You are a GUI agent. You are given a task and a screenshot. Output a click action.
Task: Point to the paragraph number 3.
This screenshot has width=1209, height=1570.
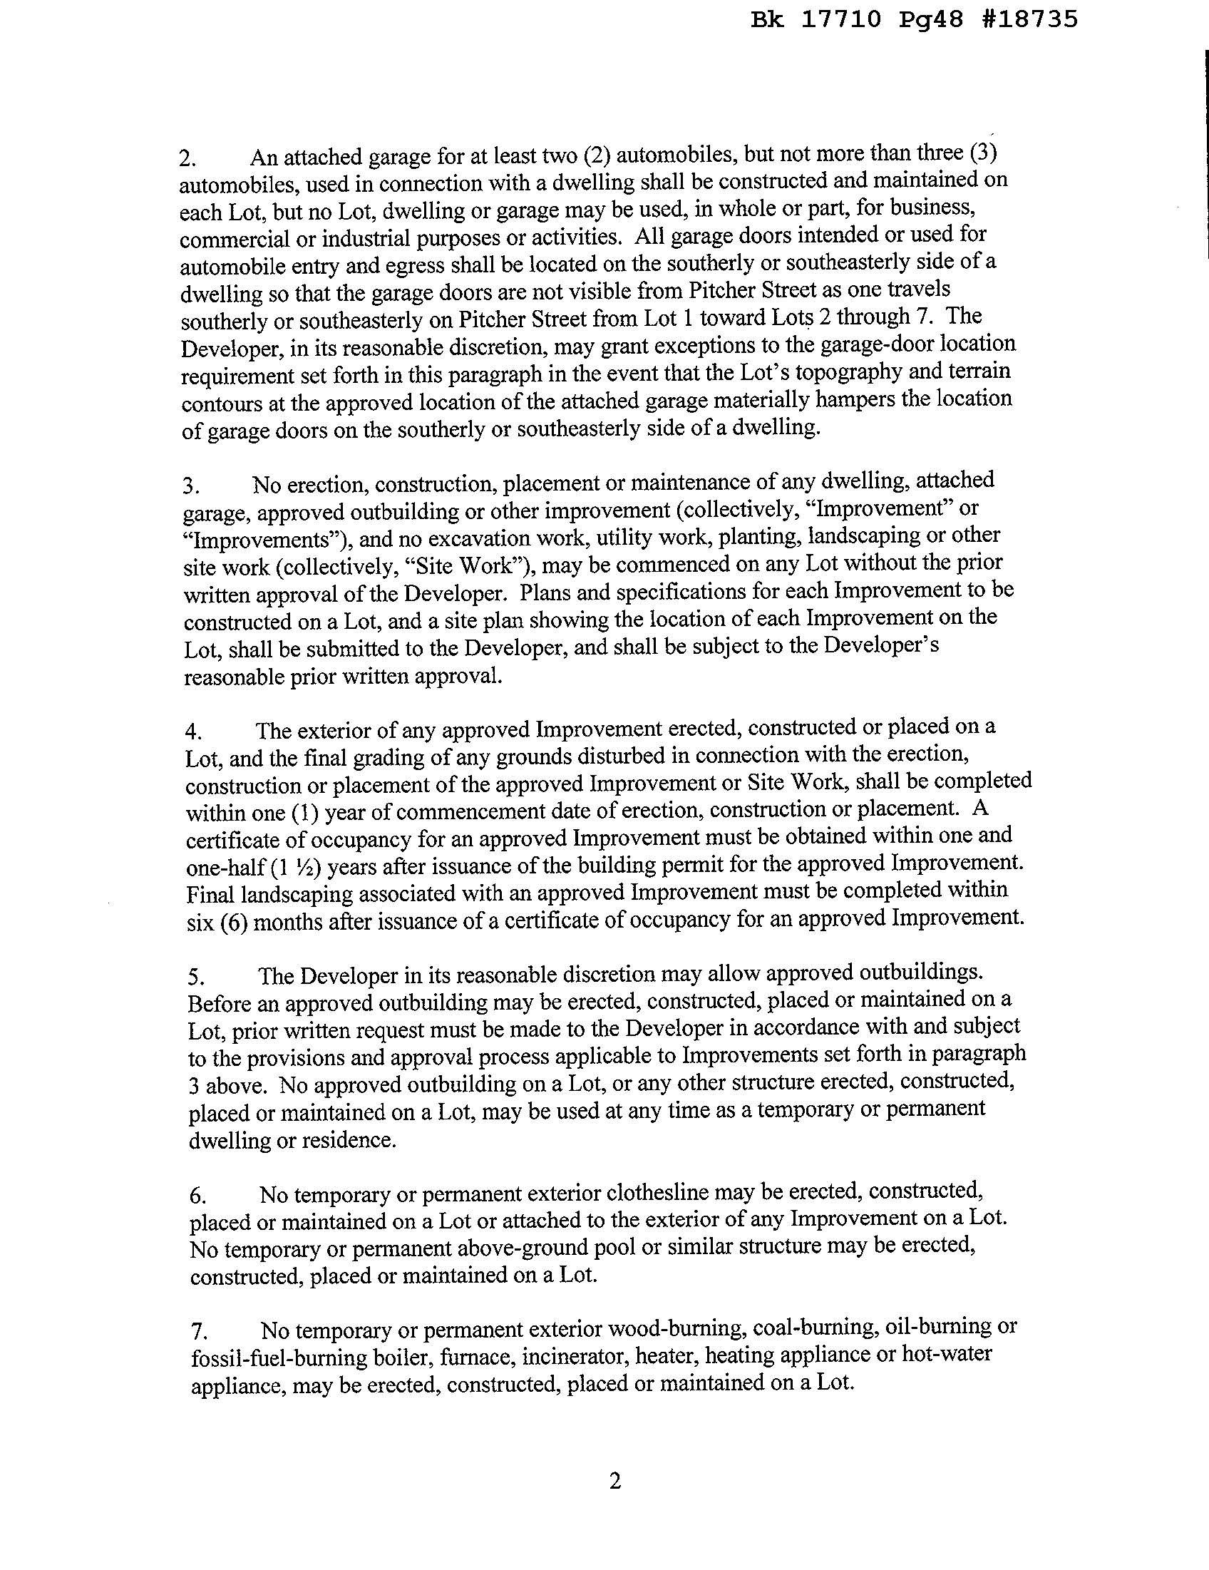pos(190,487)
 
